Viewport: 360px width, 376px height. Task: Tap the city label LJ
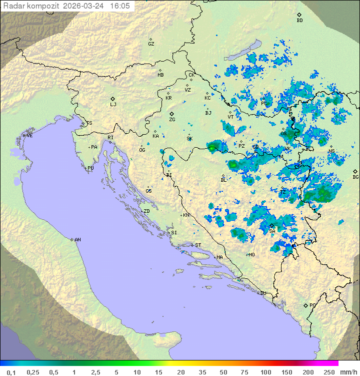pyautogui.click(x=113, y=104)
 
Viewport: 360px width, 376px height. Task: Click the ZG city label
pyautogui.click(x=172, y=120)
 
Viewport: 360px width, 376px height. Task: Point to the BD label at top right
pyautogui.click(x=299, y=21)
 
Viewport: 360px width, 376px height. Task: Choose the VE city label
pyautogui.click(x=29, y=136)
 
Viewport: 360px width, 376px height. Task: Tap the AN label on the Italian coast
pyautogui.click(x=77, y=240)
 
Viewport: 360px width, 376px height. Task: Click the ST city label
pyautogui.click(x=197, y=245)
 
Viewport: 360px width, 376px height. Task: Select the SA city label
pyautogui.click(x=272, y=231)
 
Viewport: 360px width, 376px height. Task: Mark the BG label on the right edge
pyautogui.click(x=355, y=177)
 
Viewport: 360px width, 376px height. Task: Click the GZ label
pyautogui.click(x=151, y=44)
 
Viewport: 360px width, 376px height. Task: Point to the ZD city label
pyautogui.click(x=146, y=211)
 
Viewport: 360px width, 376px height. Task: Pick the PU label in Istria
pyautogui.click(x=90, y=168)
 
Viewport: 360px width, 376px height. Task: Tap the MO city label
pyautogui.click(x=251, y=254)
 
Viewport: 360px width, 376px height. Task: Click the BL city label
pyautogui.click(x=223, y=180)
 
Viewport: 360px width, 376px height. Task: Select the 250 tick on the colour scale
pyautogui.click(x=328, y=372)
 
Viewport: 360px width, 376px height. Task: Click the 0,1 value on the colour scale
pyautogui.click(x=11, y=372)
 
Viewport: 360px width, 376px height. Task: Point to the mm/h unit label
pyautogui.click(x=348, y=372)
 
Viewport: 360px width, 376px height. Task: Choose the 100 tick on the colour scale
pyautogui.click(x=265, y=372)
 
